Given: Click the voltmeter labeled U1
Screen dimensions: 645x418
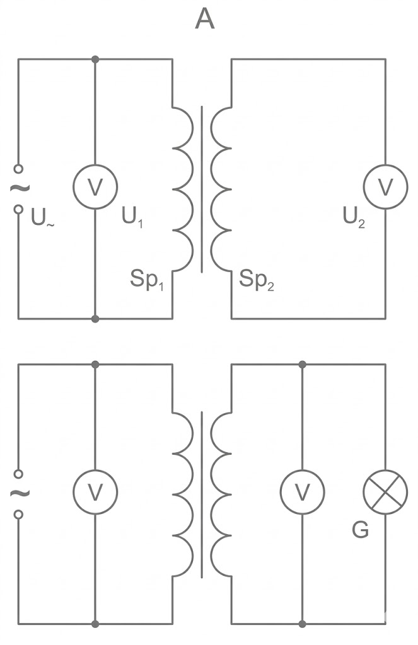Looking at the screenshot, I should (95, 187).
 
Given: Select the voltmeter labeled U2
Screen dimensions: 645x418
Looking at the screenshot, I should (385, 187).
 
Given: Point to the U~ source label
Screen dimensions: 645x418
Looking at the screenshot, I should (42, 219).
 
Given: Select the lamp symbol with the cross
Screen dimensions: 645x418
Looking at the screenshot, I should (385, 493).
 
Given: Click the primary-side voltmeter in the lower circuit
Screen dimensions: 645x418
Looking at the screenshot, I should (95, 493).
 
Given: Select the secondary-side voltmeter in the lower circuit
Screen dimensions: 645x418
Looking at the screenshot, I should (302, 493).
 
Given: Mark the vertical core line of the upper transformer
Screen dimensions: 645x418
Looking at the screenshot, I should (202, 189).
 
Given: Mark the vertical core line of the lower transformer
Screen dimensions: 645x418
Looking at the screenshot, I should (202, 494).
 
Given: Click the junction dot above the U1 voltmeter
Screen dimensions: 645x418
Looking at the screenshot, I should (95, 59).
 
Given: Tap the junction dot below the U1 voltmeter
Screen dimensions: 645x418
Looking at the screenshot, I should (95, 319).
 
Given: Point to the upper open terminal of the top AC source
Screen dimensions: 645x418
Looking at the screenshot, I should (18, 168).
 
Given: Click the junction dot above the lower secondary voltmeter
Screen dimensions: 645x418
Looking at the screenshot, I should (303, 364).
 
